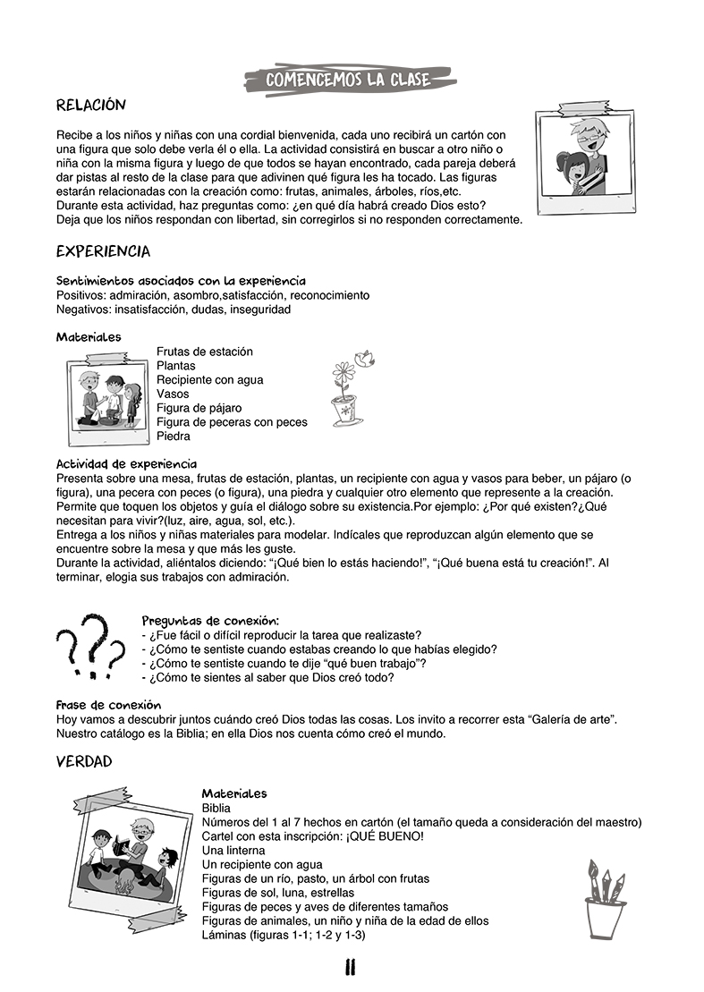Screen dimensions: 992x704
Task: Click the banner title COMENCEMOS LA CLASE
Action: tap(349, 81)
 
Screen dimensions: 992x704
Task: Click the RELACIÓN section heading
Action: tap(91, 106)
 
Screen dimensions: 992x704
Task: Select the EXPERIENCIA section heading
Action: tap(103, 251)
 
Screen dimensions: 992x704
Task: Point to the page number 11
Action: tap(351, 967)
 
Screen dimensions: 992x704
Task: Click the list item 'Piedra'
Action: tap(173, 437)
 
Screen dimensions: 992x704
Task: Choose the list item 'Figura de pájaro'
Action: tap(199, 408)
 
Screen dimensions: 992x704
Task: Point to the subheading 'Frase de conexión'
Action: tap(108, 705)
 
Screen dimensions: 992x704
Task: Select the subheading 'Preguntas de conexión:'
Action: tap(210, 620)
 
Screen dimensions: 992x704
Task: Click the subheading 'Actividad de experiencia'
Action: tap(126, 463)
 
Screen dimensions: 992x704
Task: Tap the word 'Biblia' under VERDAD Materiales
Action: tap(216, 808)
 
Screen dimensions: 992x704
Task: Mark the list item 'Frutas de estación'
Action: tap(204, 352)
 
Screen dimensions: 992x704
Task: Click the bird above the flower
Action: tap(364, 358)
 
